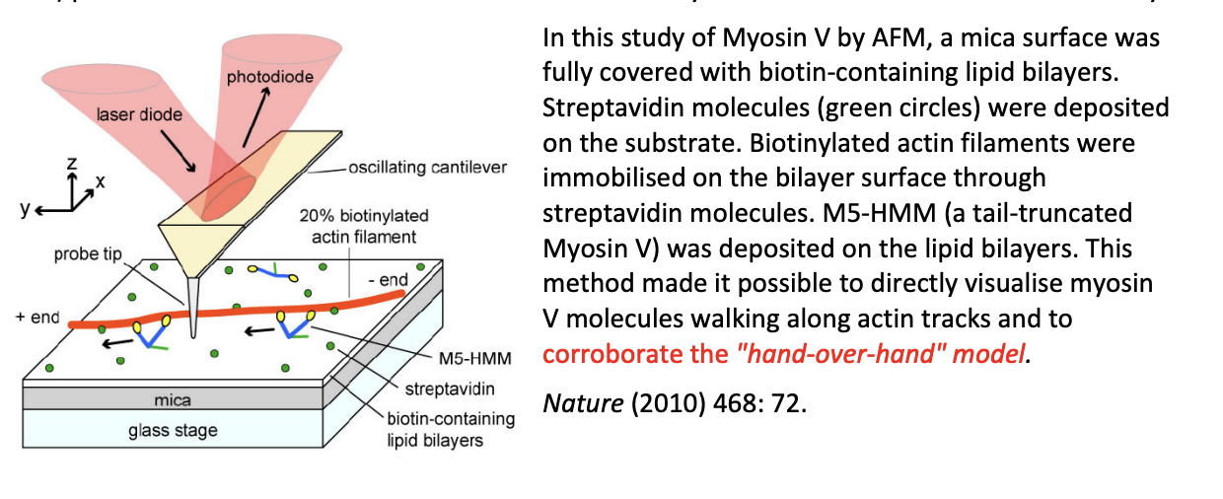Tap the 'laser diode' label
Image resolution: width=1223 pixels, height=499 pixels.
pos(138,114)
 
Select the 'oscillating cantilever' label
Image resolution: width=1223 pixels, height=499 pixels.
pos(426,169)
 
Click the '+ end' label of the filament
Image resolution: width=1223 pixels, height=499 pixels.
pos(37,318)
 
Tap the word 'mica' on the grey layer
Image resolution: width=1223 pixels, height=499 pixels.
pos(173,400)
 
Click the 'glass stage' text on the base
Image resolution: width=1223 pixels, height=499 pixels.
pos(173,430)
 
